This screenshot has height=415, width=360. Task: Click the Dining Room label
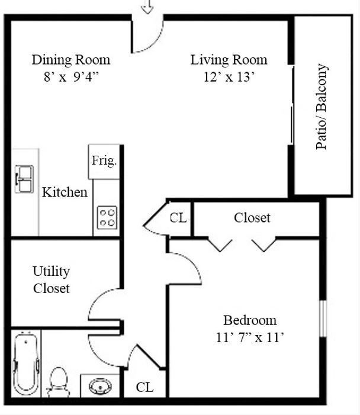(70, 60)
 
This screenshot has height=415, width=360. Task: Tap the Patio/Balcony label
(322, 107)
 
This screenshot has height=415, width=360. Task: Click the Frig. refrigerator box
(104, 161)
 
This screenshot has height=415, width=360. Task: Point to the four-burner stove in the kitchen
(107, 217)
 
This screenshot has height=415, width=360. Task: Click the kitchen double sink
(24, 179)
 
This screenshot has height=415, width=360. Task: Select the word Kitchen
(65, 192)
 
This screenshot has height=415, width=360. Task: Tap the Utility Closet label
(51, 280)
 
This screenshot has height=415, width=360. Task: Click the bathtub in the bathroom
(26, 363)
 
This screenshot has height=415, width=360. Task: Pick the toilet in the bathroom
(58, 381)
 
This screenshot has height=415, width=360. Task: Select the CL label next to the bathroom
(144, 387)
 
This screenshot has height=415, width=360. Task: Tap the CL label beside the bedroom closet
(178, 218)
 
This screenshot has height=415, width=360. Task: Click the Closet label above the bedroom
(252, 218)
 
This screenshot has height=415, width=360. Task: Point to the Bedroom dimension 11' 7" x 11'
(249, 338)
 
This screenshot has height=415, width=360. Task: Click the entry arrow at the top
(147, 7)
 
